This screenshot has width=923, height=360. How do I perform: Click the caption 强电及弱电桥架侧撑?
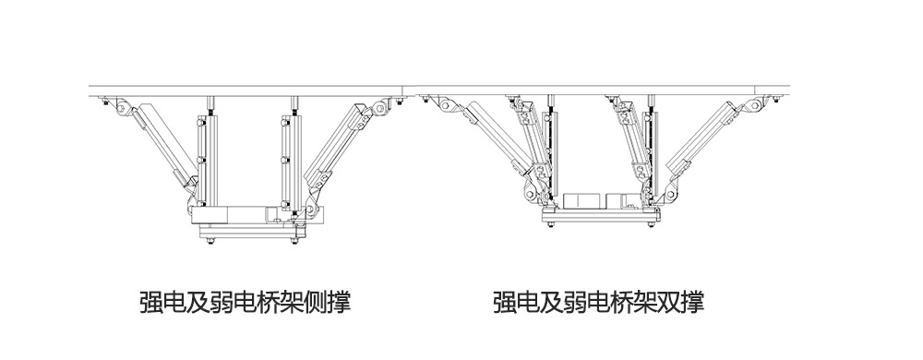pos(244,302)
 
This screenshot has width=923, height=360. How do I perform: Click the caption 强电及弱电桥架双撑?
pos(598,302)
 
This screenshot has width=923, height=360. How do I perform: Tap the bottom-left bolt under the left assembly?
pos(211,243)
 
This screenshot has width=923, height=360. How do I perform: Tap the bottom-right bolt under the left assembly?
pos(294,243)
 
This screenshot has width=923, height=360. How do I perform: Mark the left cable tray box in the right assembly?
pos(582,200)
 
